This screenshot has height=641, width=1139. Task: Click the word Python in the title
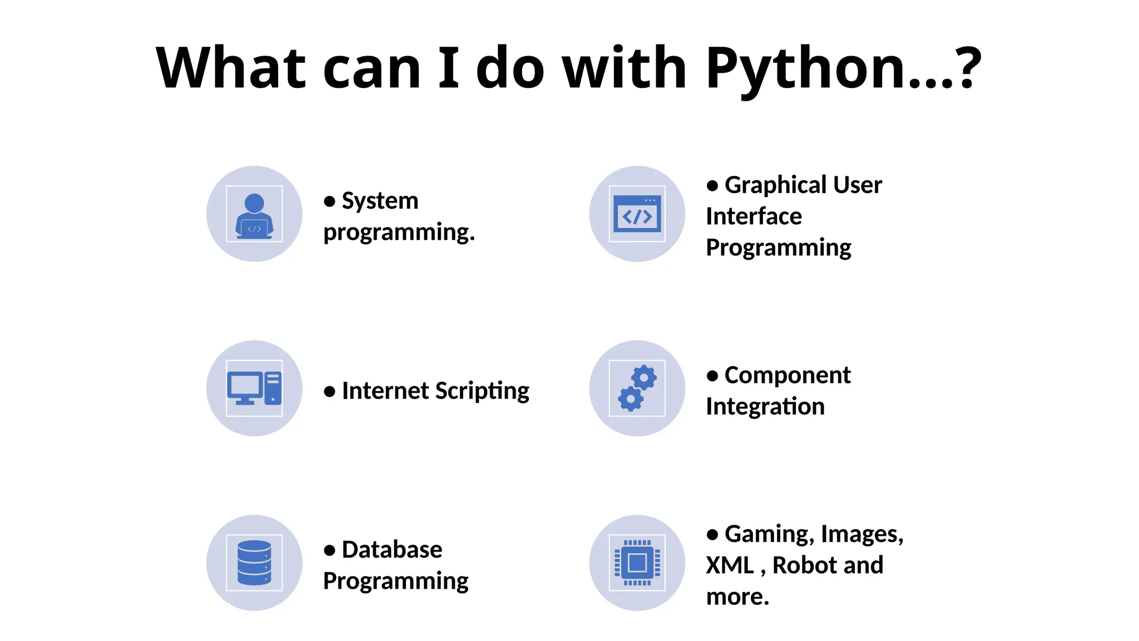point(806,68)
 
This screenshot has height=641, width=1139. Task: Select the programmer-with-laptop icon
point(254,214)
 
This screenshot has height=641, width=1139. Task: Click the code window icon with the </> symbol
point(637,214)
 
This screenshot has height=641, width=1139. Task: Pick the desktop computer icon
point(254,388)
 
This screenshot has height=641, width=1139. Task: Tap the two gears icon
point(637,388)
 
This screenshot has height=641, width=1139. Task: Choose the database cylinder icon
point(254,563)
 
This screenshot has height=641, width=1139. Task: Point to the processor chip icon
point(637,563)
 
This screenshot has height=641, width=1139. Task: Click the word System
point(380,201)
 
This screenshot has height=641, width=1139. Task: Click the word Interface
point(754,216)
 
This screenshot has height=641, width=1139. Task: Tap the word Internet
point(385,391)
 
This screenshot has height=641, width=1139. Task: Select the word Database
point(392,550)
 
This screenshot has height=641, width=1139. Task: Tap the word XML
point(730,566)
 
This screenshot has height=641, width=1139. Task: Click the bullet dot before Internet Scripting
point(329,392)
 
